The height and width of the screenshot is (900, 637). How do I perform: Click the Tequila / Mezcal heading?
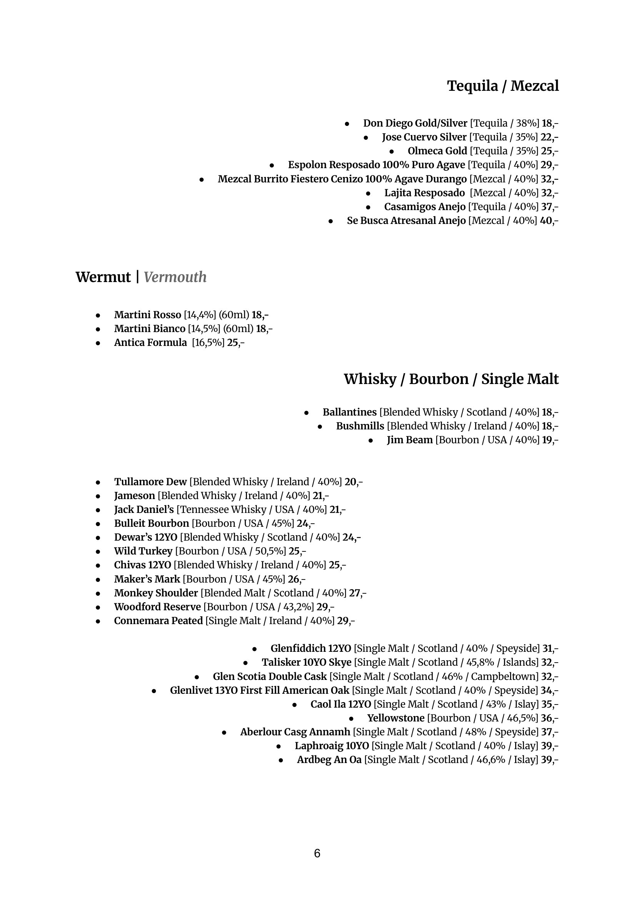click(x=503, y=86)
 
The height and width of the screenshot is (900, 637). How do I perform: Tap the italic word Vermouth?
click(x=175, y=277)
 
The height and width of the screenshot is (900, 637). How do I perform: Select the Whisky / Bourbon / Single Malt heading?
click(x=451, y=379)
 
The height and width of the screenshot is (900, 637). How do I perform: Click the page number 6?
click(x=317, y=853)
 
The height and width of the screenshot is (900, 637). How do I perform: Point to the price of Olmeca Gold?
click(x=550, y=151)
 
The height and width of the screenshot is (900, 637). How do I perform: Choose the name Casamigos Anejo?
click(x=425, y=207)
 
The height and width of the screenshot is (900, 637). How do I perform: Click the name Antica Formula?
click(x=151, y=342)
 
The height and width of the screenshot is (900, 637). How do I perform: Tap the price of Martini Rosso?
click(x=260, y=315)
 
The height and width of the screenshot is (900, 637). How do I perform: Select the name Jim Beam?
click(x=410, y=440)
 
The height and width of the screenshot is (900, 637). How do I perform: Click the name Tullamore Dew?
click(x=151, y=482)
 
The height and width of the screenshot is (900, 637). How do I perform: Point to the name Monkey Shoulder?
click(x=156, y=593)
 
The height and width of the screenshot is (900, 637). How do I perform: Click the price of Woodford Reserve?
click(x=325, y=607)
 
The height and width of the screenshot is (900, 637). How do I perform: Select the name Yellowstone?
click(x=396, y=718)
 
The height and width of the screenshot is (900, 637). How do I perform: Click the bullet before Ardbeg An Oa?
click(x=281, y=760)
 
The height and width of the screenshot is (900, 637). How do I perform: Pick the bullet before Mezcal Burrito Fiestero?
click(x=202, y=180)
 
